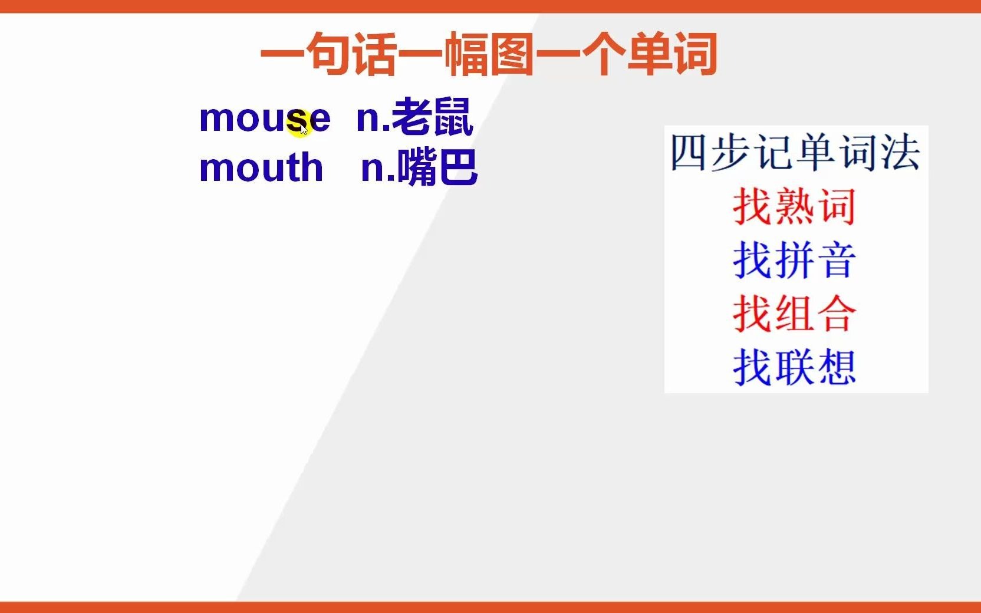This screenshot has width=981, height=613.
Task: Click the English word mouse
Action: click(x=265, y=118)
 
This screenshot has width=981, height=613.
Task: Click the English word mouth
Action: click(x=261, y=167)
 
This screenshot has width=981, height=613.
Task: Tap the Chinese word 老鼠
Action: click(x=432, y=117)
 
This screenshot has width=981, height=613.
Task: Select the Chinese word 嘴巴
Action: click(x=437, y=167)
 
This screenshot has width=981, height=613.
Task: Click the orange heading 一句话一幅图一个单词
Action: click(x=489, y=54)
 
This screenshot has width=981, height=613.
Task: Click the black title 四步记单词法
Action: click(x=795, y=153)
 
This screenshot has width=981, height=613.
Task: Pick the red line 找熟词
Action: click(x=794, y=206)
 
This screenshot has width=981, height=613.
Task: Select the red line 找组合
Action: click(x=794, y=314)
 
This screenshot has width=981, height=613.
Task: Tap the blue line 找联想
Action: click(x=794, y=367)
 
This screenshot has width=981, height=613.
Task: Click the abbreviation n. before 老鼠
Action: click(x=372, y=118)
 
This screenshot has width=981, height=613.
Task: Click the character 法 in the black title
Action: click(x=900, y=153)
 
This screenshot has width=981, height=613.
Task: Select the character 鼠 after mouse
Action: click(x=453, y=117)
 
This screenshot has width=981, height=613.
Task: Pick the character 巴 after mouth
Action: click(x=458, y=167)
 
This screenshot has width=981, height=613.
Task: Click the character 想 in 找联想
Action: click(x=835, y=367)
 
